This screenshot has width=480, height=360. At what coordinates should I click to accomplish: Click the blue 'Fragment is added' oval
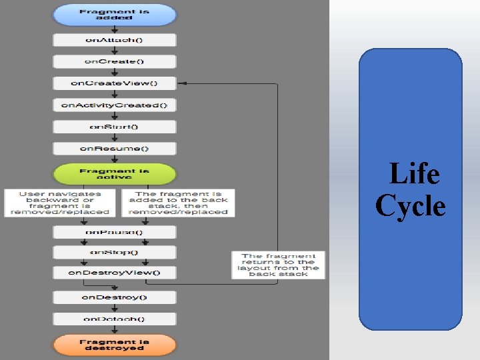pyautogui.click(x=114, y=15)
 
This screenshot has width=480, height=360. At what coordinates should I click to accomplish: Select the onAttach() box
pyautogui.click(x=114, y=40)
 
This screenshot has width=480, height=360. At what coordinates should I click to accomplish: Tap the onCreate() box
pyautogui.click(x=114, y=61)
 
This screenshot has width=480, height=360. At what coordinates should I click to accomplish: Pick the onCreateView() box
pyautogui.click(x=114, y=83)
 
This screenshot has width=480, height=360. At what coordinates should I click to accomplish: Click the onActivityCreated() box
pyautogui.click(x=114, y=105)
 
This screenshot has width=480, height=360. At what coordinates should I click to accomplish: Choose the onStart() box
pyautogui.click(x=114, y=127)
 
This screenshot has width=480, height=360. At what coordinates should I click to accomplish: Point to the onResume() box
pyautogui.click(x=114, y=148)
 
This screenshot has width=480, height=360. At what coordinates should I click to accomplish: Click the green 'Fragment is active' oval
pyautogui.click(x=114, y=175)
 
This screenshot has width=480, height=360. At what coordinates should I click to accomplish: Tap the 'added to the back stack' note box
pyautogui.click(x=177, y=203)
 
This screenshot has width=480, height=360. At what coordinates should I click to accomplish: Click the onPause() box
pyautogui.click(x=114, y=233)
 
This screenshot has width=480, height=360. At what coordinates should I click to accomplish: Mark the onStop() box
pyautogui.click(x=114, y=253)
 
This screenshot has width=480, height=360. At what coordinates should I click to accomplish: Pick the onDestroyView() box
pyautogui.click(x=114, y=272)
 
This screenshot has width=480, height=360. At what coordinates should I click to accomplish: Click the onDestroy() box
pyautogui.click(x=114, y=297)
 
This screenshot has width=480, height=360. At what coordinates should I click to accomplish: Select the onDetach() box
pyautogui.click(x=114, y=319)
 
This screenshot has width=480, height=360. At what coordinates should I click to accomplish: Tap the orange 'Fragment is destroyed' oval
pyautogui.click(x=114, y=345)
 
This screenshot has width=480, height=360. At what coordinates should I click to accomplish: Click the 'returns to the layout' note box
pyautogui.click(x=278, y=265)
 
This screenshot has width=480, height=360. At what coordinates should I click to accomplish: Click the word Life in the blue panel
pyautogui.click(x=414, y=175)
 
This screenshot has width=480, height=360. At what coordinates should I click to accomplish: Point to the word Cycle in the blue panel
pyautogui.click(x=410, y=205)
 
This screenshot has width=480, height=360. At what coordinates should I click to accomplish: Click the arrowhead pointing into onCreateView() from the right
pyautogui.click(x=181, y=83)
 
